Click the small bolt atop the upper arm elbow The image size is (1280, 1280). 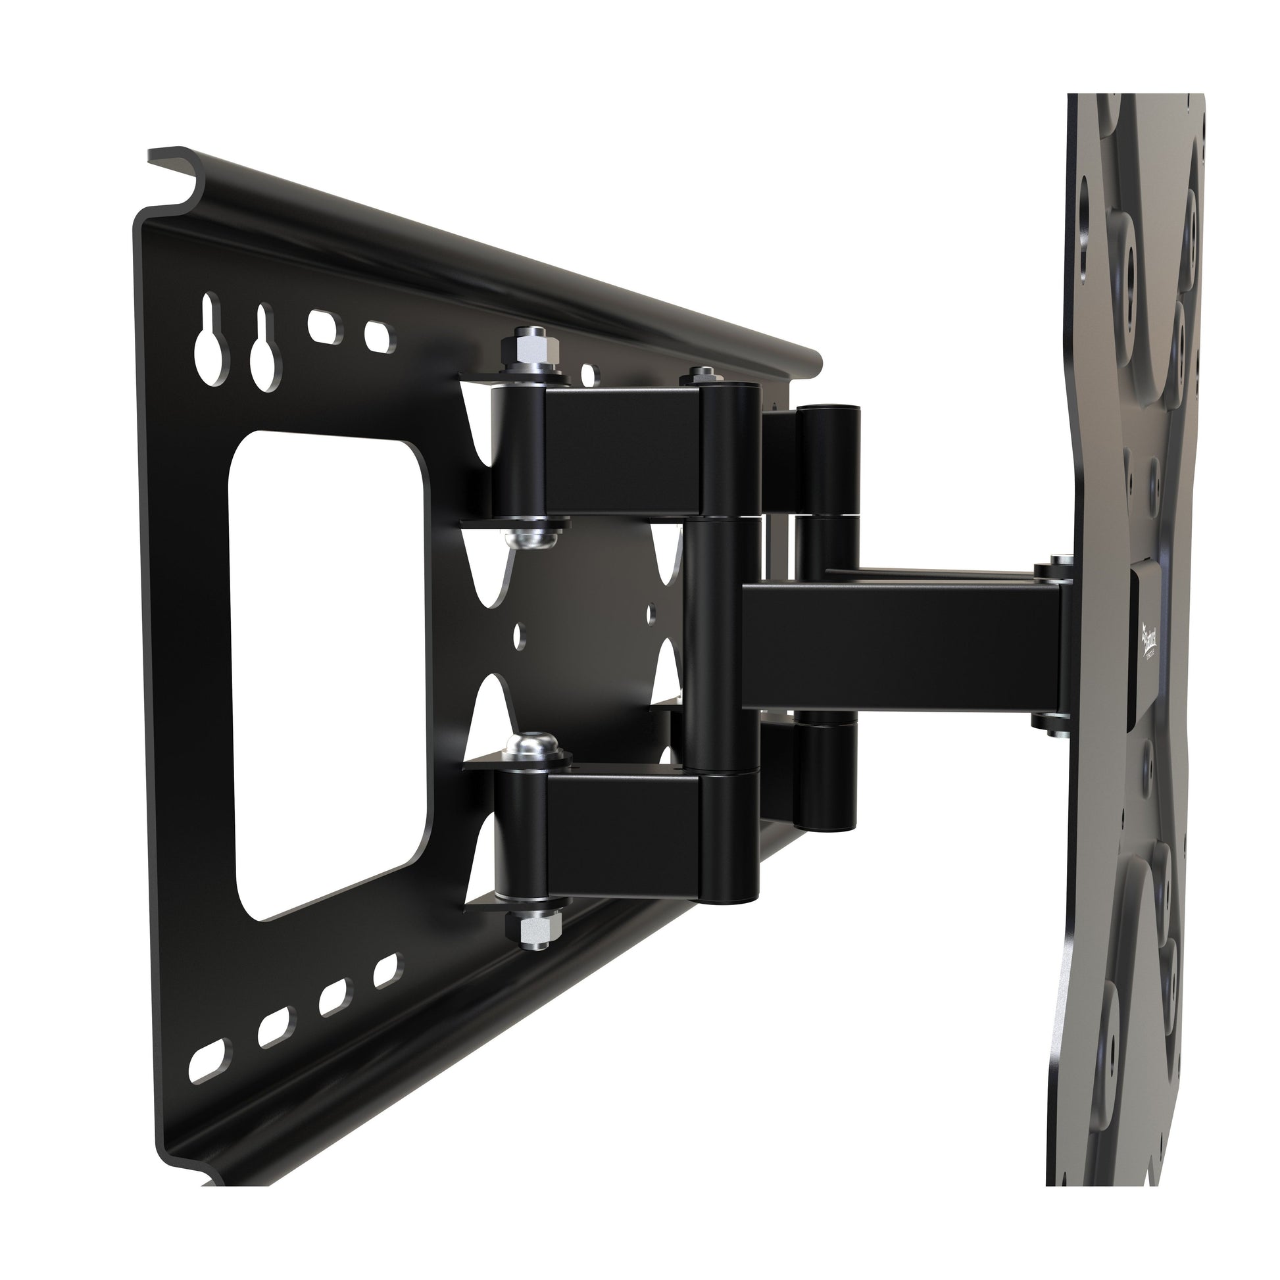(x=701, y=376)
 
